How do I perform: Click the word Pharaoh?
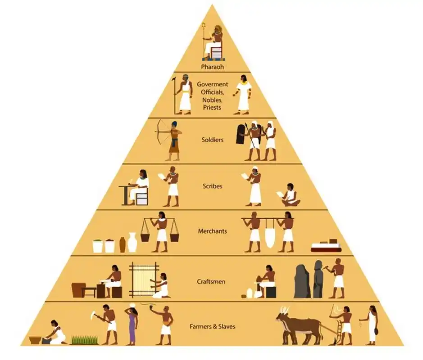[212, 67]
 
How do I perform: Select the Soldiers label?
[212, 140]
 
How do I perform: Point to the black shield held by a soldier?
[242, 134]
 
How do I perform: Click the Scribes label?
[212, 186]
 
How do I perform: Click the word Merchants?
[212, 231]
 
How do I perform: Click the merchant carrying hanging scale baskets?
[161, 231]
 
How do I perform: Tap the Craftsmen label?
[212, 282]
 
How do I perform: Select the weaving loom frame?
[144, 279]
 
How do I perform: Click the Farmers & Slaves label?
[212, 326]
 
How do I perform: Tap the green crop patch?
[85, 340]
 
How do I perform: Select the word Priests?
[212, 108]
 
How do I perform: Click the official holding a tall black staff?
[184, 94]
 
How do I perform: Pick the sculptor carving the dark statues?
[337, 279]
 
